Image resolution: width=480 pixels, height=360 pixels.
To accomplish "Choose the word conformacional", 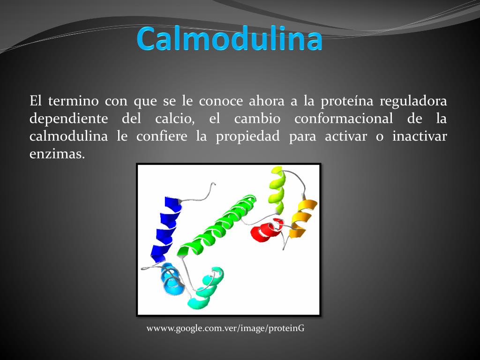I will click(x=344, y=119).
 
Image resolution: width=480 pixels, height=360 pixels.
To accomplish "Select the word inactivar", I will click(x=420, y=136).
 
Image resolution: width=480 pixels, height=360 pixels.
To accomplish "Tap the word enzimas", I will click(x=57, y=154).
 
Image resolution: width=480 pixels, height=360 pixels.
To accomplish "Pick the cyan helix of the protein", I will click(x=206, y=288).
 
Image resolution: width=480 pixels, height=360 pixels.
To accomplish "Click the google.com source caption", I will click(x=225, y=328).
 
